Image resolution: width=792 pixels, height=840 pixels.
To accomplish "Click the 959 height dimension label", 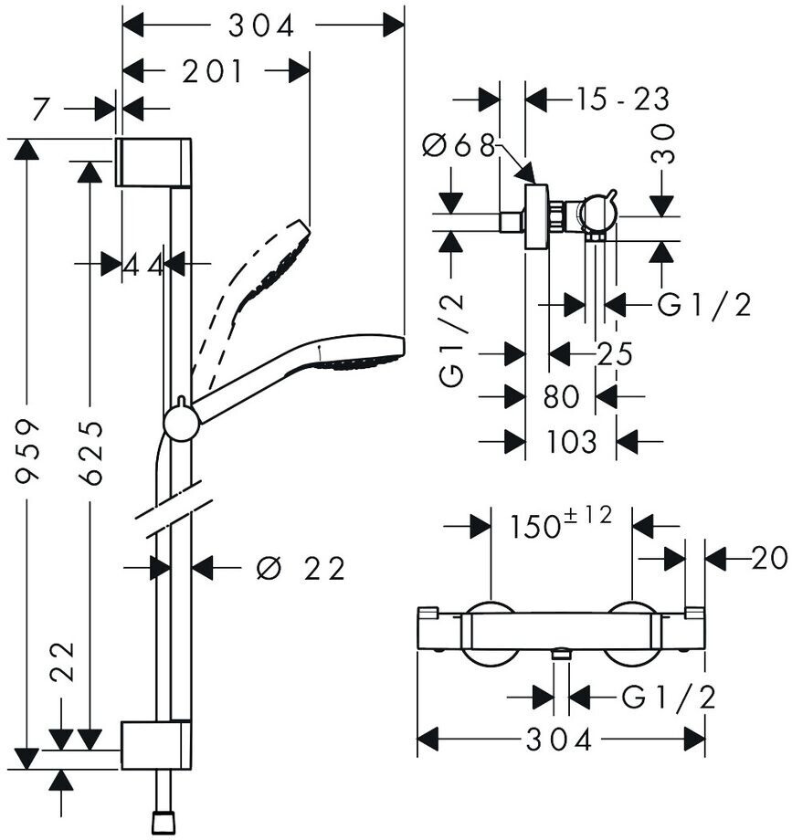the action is click(26, 452).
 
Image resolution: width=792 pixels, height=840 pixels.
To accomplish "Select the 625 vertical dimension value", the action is click(90, 453).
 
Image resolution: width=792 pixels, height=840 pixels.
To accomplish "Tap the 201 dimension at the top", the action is click(212, 72).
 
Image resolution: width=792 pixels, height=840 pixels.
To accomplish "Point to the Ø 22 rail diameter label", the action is click(300, 569).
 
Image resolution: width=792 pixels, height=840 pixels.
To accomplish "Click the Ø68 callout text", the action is click(459, 145).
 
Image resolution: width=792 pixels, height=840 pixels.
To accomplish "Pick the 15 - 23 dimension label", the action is click(623, 100).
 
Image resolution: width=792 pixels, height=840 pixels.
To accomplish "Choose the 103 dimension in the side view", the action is click(571, 441).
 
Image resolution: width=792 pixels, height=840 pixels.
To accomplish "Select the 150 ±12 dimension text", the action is click(561, 522).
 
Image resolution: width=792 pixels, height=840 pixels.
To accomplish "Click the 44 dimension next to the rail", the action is click(143, 265).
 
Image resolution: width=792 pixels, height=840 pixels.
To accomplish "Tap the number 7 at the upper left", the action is click(41, 110).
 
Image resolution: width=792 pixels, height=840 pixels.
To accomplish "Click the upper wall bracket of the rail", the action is click(153, 163).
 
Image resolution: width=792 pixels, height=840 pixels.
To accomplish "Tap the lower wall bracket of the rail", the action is click(156, 745).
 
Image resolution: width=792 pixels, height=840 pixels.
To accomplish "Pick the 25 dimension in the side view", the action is click(615, 354).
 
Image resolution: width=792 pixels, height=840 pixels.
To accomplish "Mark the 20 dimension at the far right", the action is click(769, 558).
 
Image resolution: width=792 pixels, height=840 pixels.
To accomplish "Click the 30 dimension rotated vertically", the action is click(663, 143).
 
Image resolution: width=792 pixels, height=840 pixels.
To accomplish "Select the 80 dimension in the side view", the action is click(562, 397).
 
